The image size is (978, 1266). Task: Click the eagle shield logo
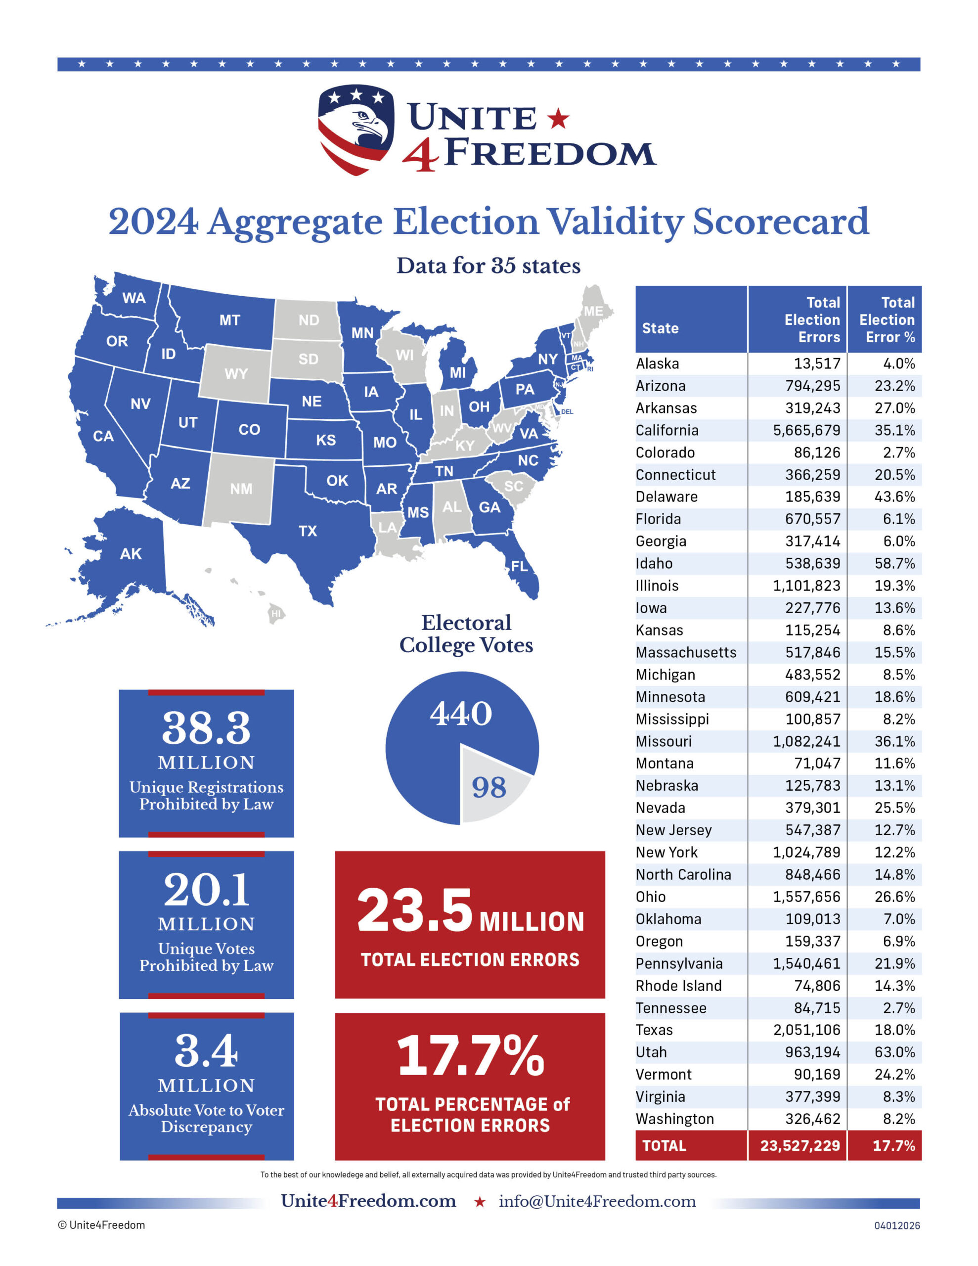(x=356, y=129)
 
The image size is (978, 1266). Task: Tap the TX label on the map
(x=308, y=531)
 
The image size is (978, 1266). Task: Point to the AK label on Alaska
(x=131, y=553)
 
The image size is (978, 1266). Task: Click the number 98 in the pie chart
(x=489, y=787)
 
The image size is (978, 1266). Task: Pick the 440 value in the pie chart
(x=461, y=714)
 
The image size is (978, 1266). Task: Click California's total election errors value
(x=806, y=430)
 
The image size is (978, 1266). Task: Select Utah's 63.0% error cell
(x=894, y=1052)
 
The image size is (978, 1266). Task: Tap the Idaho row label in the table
(x=655, y=563)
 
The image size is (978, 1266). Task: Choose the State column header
(x=660, y=328)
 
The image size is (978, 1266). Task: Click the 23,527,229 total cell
(x=800, y=1145)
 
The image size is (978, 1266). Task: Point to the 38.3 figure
(x=206, y=728)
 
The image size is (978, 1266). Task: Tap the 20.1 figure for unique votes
(x=206, y=890)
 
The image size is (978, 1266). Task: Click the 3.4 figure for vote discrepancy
(x=206, y=1051)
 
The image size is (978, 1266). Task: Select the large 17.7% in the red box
(x=470, y=1056)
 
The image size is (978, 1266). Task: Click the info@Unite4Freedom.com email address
(x=597, y=1202)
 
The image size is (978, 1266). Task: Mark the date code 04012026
(x=897, y=1225)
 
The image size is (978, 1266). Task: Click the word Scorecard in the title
(x=780, y=222)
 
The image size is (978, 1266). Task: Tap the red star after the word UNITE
(x=558, y=118)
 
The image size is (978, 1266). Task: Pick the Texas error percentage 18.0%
(x=894, y=1030)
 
